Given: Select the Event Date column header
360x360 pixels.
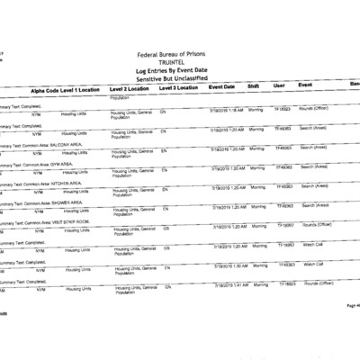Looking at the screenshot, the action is coord(221,86).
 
